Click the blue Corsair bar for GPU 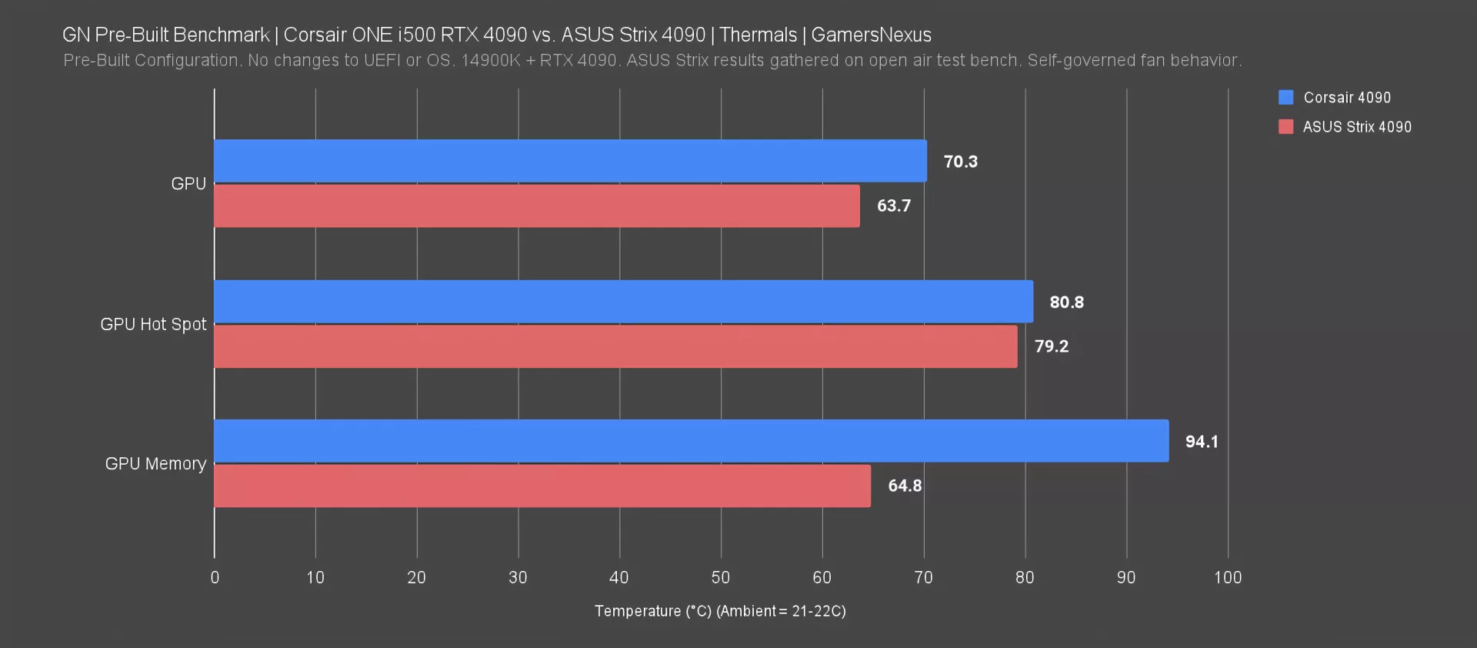(x=570, y=161)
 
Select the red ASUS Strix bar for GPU (x=536, y=205)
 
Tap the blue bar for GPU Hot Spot (x=623, y=302)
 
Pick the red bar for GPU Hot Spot (x=615, y=346)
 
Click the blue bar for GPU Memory (x=691, y=441)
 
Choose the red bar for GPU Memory (x=542, y=486)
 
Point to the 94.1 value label (x=1201, y=442)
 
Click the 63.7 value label (x=893, y=206)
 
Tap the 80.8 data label (x=1066, y=302)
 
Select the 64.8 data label (x=904, y=486)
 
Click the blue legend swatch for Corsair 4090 (x=1285, y=98)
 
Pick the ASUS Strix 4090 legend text (x=1356, y=127)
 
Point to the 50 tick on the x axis (x=720, y=577)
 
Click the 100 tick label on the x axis (x=1227, y=577)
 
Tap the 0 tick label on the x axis (x=215, y=577)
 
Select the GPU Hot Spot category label (x=153, y=325)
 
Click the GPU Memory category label (x=155, y=464)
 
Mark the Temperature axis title (x=719, y=611)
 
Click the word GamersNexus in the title (x=871, y=35)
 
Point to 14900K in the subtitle (x=490, y=61)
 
